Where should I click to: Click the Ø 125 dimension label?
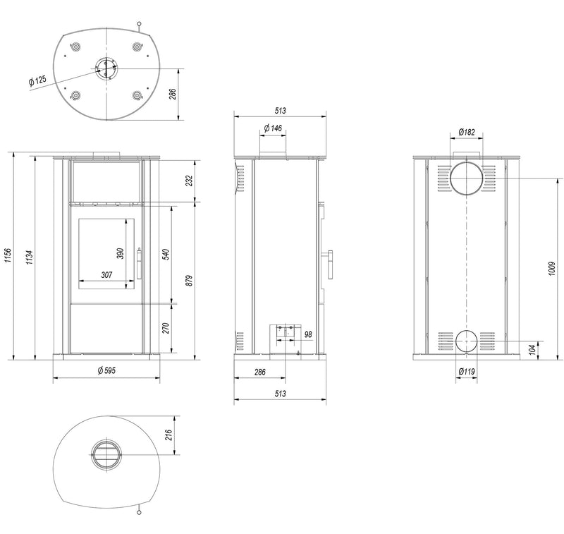click(37, 80)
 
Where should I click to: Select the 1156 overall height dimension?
click(8, 255)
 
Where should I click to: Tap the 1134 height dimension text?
click(30, 257)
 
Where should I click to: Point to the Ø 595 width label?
click(106, 370)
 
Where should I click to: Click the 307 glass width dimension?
click(106, 275)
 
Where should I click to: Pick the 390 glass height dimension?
click(120, 253)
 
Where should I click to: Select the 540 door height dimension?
click(166, 254)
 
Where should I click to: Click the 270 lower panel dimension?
click(166, 328)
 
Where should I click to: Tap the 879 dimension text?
click(190, 281)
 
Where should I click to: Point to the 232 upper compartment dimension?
click(190, 181)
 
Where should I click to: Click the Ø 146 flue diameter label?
click(273, 128)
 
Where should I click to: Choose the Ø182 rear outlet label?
click(467, 132)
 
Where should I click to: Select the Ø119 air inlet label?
click(467, 371)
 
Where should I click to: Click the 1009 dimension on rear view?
click(552, 269)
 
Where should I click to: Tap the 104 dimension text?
click(532, 349)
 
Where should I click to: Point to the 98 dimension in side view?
click(308, 334)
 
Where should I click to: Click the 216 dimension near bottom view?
click(169, 435)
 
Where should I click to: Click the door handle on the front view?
click(139, 263)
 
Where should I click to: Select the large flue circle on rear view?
click(466, 178)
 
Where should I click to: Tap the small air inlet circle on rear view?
click(467, 341)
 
